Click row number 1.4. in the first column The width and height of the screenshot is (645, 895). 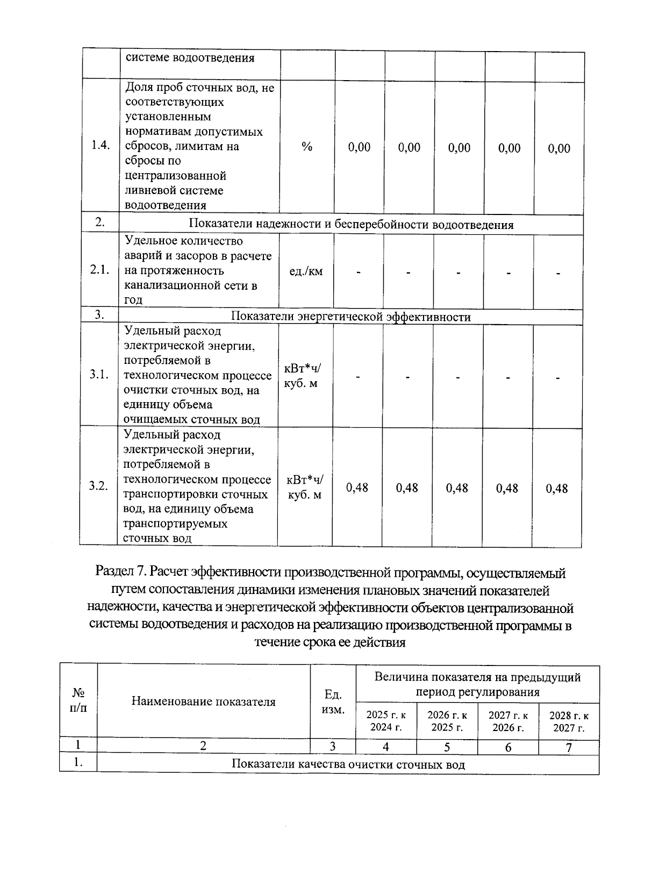point(101,146)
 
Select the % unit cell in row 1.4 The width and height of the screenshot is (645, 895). point(307,147)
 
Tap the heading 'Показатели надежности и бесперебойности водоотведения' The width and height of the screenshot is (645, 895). point(351,225)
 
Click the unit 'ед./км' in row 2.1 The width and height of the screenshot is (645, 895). point(306,271)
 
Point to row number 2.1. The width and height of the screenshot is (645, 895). point(100,271)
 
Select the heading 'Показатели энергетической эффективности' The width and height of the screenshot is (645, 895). point(350,317)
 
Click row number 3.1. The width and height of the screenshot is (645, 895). point(99,375)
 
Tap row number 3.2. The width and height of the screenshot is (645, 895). point(99,486)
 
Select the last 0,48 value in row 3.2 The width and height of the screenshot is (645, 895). point(557,488)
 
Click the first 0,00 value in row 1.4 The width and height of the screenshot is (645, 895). point(359,147)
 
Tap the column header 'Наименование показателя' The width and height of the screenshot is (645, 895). point(203,701)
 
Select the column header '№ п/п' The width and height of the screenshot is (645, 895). point(78,701)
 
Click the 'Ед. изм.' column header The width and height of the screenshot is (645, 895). point(333,701)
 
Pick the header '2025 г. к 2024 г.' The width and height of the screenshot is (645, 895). point(386,721)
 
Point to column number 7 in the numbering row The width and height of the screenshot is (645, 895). point(569,747)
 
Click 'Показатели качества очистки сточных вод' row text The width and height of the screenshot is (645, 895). point(348,764)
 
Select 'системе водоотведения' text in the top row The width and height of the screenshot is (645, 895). point(190,58)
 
